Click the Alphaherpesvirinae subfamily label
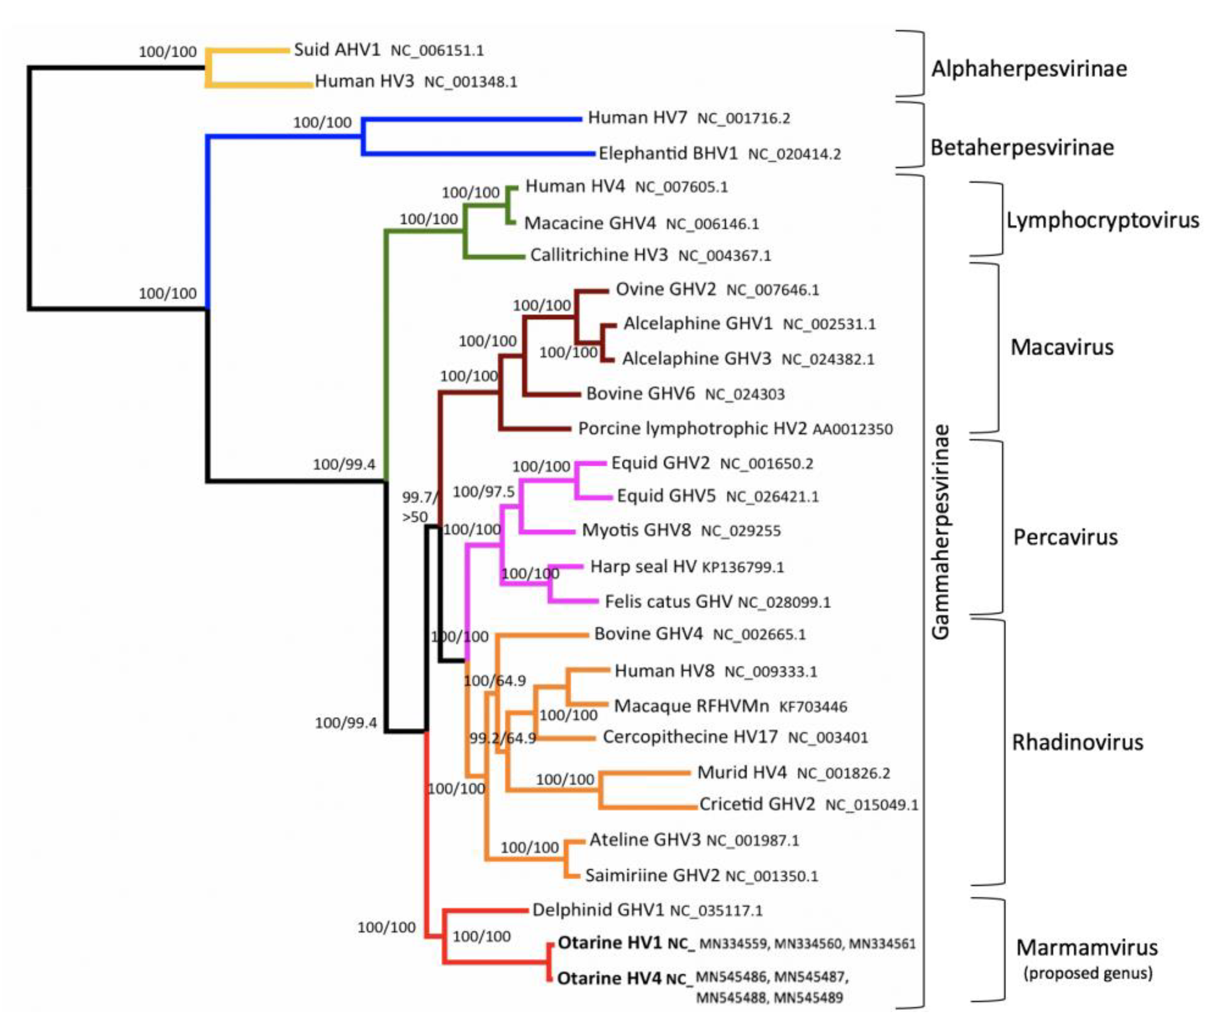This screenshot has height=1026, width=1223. pos(1028,69)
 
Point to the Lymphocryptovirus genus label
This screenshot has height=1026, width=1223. pos(1103,220)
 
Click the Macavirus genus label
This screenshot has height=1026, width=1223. pos(1062,347)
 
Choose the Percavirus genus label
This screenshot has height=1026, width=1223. pos(1065,537)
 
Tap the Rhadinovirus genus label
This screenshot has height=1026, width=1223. pos(1077,742)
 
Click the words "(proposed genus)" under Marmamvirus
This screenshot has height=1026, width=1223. pos(1087,973)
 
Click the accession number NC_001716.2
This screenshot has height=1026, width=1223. pos(743,119)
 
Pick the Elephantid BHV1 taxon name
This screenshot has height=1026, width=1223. pos(667,154)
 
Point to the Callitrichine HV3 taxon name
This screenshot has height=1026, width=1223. pos(599,255)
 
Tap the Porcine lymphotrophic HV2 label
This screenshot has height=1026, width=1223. pos(692,429)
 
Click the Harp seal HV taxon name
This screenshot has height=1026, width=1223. pos(643,566)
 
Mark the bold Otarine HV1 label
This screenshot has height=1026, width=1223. pos(609,943)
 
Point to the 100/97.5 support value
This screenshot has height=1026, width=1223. pos(483,492)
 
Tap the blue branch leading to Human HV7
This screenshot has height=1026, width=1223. pos(472,119)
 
